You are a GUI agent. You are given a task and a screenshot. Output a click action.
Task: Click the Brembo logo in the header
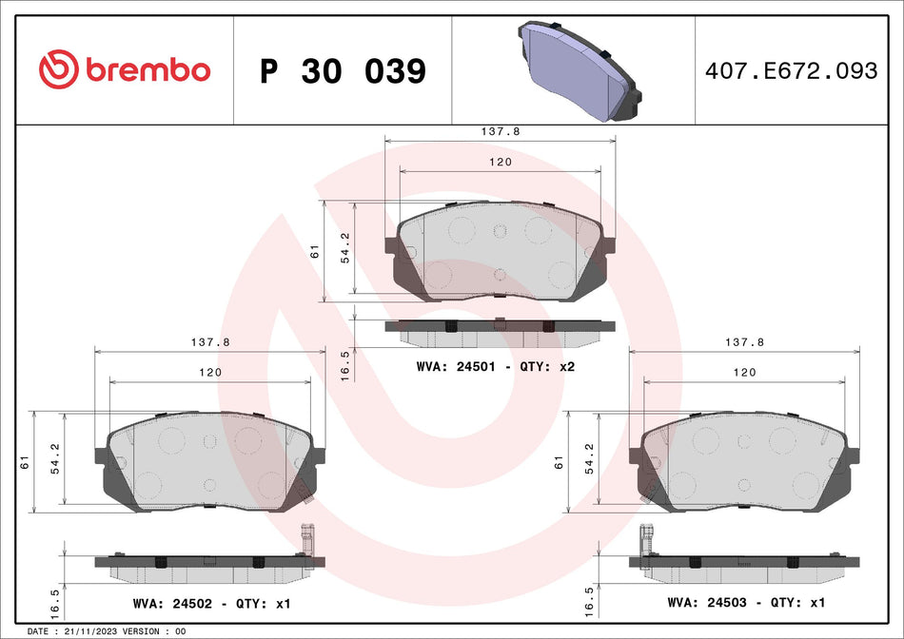[x=124, y=69]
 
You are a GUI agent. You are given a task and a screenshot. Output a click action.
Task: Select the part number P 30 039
[x=343, y=71]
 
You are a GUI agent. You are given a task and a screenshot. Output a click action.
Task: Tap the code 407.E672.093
[x=791, y=71]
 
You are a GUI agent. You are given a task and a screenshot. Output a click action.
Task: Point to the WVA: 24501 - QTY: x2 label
[x=496, y=366]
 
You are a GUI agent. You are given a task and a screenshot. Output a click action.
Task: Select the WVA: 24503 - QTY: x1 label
[x=745, y=602]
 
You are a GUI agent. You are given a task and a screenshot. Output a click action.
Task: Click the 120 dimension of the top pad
[x=501, y=163]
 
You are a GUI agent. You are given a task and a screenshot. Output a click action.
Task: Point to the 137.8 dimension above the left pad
[x=211, y=341]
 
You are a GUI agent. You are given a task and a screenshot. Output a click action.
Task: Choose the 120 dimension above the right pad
[x=745, y=372]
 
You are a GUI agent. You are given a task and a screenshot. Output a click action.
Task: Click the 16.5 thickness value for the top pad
[x=345, y=364]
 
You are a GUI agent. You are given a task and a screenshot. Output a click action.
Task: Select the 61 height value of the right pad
[x=560, y=462]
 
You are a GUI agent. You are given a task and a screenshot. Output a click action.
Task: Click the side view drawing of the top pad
[x=499, y=331]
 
